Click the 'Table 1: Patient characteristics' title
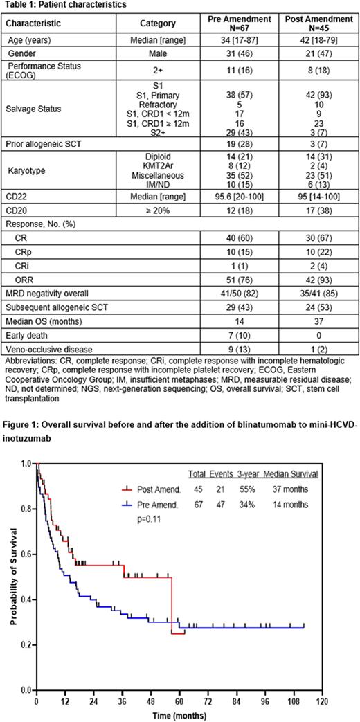(x=58, y=4)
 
